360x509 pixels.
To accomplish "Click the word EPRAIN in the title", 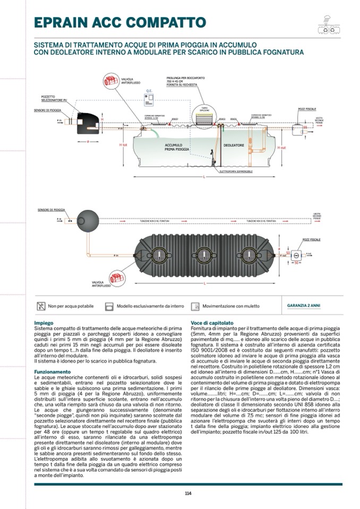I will click(65, 22).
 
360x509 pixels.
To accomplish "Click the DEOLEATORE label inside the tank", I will click(233, 144).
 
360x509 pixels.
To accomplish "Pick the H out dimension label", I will click(283, 147).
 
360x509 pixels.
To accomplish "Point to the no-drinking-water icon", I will click(41, 306).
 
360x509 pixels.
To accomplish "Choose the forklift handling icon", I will click(195, 306).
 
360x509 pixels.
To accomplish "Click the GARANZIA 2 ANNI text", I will click(304, 306).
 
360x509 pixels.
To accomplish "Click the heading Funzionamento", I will click(52, 372).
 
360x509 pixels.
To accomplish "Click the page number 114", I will click(188, 493).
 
